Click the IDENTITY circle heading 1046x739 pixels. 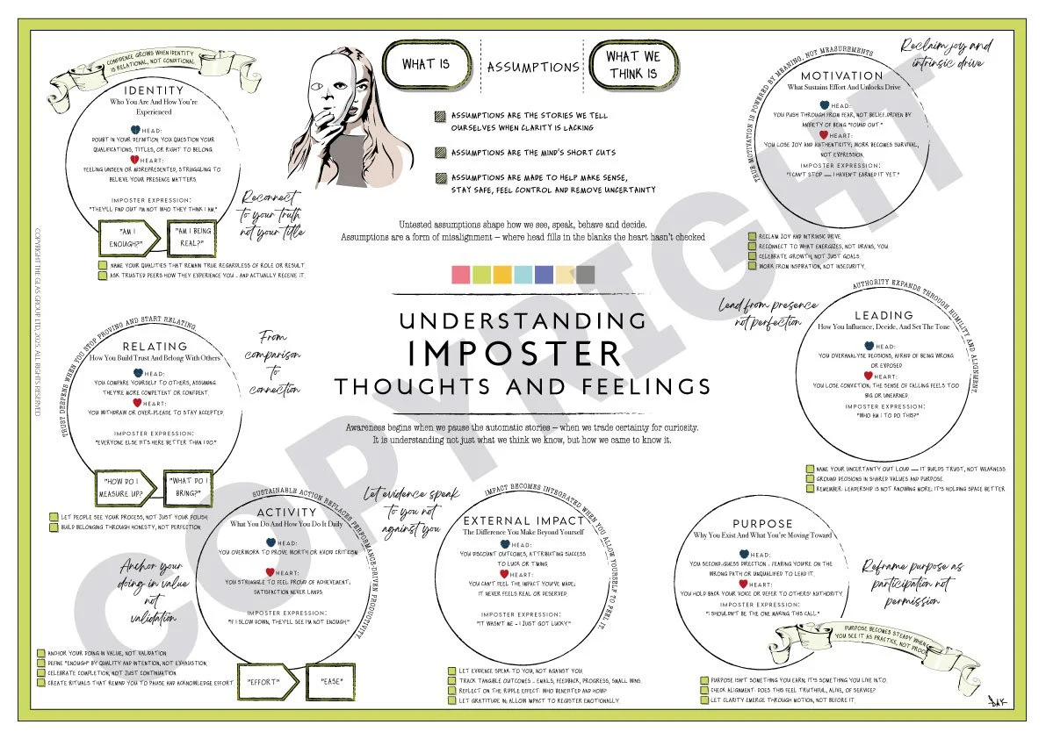coord(155,90)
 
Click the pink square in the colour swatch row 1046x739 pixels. coord(461,274)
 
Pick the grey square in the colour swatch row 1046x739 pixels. coord(585,274)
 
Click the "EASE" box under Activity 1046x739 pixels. coord(330,681)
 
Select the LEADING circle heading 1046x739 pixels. coord(884,315)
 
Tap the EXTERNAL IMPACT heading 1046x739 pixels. coord(522,520)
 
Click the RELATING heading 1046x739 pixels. coord(155,347)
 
